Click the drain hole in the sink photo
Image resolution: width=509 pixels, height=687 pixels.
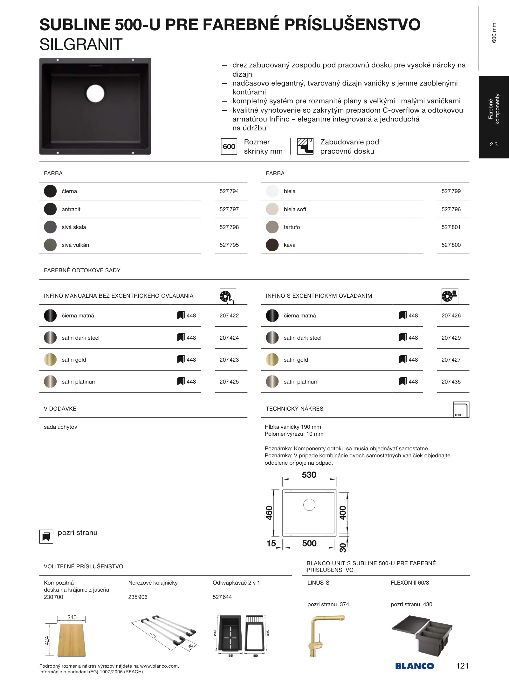pos(95,94)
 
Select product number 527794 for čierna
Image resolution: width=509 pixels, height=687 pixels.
pos(229,191)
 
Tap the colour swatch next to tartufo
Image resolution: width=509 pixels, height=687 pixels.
pos(272,227)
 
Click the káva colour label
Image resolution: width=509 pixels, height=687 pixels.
pos(289,245)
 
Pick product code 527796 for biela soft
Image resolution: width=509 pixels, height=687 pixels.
pos(451,209)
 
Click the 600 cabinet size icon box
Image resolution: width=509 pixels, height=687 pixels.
pos(229,147)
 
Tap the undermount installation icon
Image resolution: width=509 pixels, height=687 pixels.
pos(305,146)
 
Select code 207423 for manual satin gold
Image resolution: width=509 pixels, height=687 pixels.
pos(229,360)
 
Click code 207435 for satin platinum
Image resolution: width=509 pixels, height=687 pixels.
pos(451,382)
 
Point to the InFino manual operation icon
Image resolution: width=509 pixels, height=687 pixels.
pos(227,296)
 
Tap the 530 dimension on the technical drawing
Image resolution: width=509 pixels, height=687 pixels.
pos(309,475)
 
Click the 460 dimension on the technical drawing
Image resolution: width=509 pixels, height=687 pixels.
pos(269,513)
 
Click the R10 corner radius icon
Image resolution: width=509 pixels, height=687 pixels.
pos(461,410)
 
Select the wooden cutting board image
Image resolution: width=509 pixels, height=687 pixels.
pos(71,640)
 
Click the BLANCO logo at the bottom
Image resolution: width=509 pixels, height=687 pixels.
pos(414,666)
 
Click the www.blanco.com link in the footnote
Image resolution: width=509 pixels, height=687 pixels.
pos(159,666)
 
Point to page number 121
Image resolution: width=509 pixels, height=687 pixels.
pos(462,666)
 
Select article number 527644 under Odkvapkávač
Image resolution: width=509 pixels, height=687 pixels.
pos(222,597)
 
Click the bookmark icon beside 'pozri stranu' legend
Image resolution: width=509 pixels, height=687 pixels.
pos(46,537)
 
